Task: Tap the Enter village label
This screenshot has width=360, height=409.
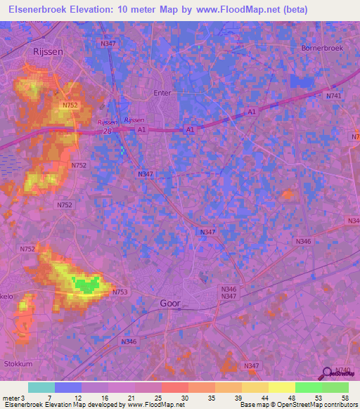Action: (x=162, y=92)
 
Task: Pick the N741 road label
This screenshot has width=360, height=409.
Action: (x=333, y=96)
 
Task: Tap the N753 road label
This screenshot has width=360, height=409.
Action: (x=120, y=292)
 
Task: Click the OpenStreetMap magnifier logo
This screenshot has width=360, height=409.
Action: (x=326, y=373)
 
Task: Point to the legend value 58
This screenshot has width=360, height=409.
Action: (x=345, y=398)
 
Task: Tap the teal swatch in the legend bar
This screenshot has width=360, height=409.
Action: (x=41, y=387)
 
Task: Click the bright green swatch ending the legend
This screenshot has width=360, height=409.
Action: (x=335, y=387)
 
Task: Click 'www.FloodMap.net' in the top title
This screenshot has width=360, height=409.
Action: (x=238, y=8)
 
